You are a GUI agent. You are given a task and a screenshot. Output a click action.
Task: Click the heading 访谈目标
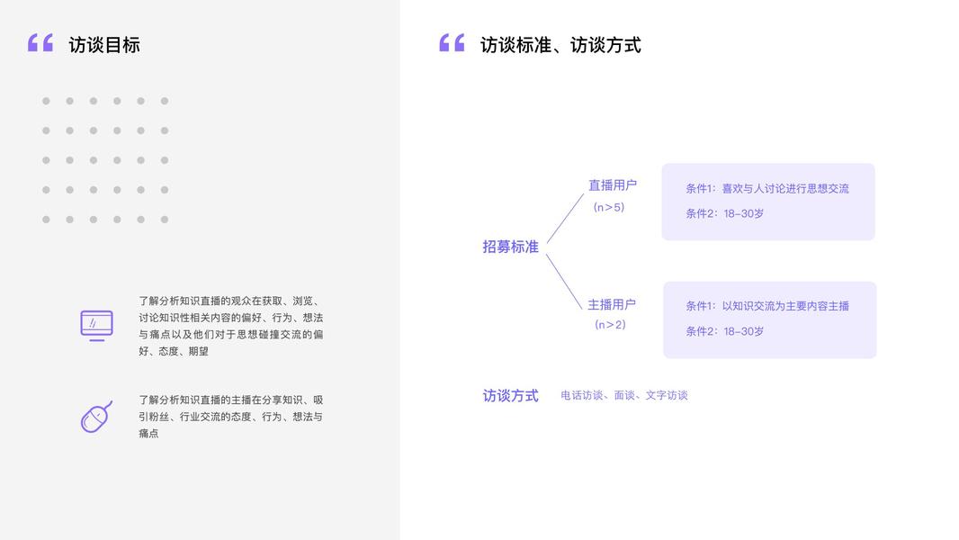pos(104,45)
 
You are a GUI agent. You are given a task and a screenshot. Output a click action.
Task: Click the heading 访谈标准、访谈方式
pos(560,45)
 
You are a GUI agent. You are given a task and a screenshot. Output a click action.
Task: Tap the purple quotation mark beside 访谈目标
pos(40,42)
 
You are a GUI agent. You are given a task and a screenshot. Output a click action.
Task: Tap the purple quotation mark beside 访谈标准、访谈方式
pos(452,42)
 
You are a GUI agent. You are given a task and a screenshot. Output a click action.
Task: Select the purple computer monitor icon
pos(96,325)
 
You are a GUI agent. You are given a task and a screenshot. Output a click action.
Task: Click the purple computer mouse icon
pos(96,417)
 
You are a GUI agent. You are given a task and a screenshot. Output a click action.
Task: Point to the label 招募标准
pos(510,247)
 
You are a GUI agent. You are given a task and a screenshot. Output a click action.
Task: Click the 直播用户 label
pos(612,185)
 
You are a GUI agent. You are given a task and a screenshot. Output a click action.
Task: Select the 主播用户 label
pos(612,304)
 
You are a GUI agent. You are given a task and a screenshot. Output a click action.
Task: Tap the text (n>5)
pos(609,207)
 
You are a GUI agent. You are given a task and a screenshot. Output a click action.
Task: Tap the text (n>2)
pos(610,325)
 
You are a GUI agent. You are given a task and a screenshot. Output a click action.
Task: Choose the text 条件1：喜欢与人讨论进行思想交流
pos(766,189)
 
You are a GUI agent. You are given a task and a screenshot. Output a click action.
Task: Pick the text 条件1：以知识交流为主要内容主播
pos(766,306)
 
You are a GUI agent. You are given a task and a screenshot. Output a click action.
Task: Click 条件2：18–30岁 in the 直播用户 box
pos(724,214)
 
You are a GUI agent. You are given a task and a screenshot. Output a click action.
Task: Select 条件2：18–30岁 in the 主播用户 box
pos(724,331)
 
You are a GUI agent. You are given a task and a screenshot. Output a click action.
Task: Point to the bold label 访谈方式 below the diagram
pos(510,395)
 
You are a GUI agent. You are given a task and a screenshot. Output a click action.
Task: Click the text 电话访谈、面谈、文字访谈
pos(623,395)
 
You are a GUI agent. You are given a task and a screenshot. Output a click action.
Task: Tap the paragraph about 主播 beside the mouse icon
pos(230,417)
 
